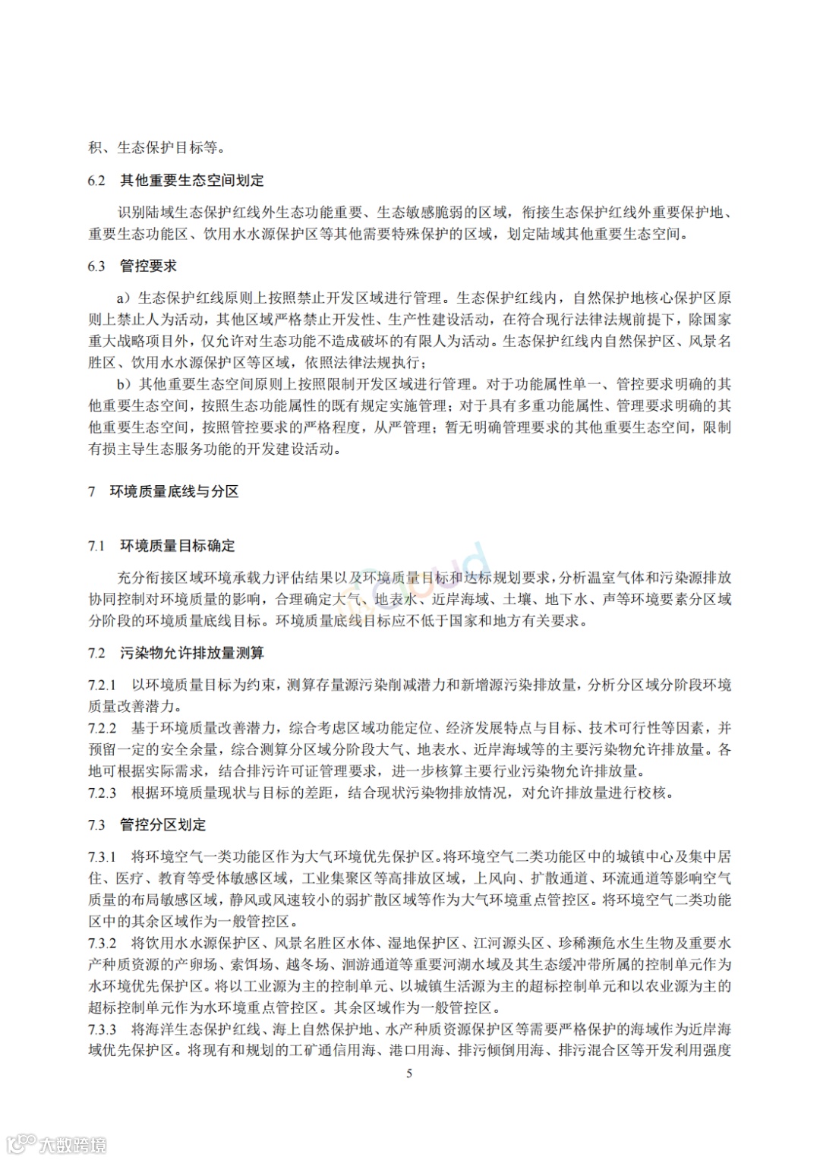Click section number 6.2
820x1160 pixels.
pyautogui.click(x=96, y=181)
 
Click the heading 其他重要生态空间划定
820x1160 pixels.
pyautogui.click(x=192, y=181)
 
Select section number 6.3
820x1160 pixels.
pyautogui.click(x=96, y=266)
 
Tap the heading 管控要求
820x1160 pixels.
pyautogui.click(x=149, y=266)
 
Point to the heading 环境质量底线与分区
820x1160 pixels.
pyautogui.click(x=174, y=492)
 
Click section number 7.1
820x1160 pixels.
pyautogui.click(x=96, y=547)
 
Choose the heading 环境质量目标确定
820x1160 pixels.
pyautogui.click(x=178, y=547)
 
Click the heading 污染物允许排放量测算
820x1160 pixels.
pyautogui.click(x=192, y=654)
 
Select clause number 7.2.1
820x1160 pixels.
pyautogui.click(x=102, y=686)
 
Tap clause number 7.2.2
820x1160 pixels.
pyautogui.click(x=102, y=729)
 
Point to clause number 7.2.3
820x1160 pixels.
pyautogui.click(x=102, y=793)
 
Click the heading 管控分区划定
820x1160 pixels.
pyautogui.click(x=163, y=825)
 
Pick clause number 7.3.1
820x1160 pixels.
pyautogui.click(x=102, y=857)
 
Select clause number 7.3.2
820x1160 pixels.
pyautogui.click(x=102, y=944)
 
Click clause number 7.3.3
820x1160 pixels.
pyautogui.click(x=102, y=1030)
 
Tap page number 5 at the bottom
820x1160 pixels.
pyautogui.click(x=410, y=1073)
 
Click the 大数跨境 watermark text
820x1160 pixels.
pyautogui.click(x=73, y=1144)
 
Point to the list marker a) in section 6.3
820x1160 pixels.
pyautogui.click(x=125, y=298)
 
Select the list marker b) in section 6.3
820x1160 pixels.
pyautogui.click(x=125, y=385)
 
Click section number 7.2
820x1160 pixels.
pyautogui.click(x=96, y=654)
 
